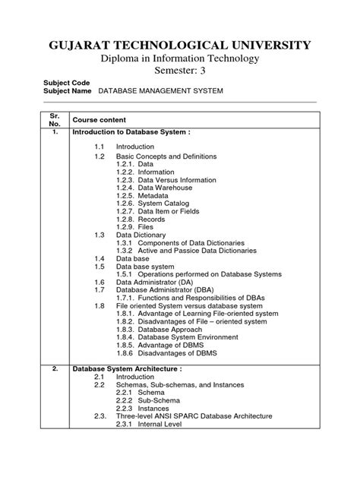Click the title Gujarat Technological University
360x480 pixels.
(180, 46)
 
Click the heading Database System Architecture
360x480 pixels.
(126, 390)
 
